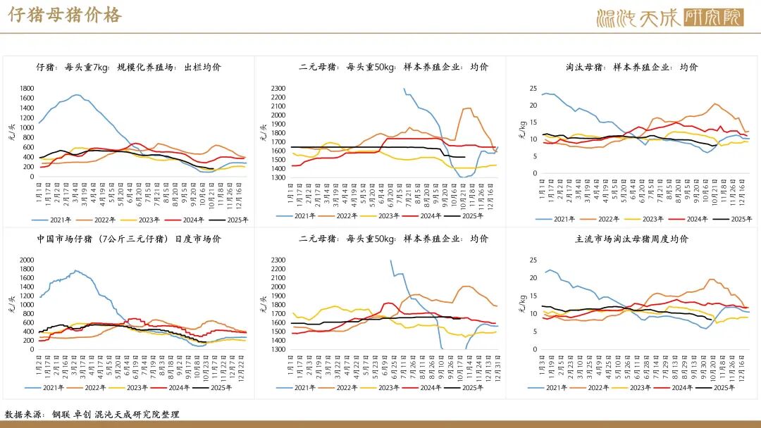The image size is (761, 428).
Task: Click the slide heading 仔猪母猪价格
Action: coord(64,15)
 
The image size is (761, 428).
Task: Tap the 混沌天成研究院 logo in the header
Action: coord(669,16)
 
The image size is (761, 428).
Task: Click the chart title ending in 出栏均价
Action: coord(128,68)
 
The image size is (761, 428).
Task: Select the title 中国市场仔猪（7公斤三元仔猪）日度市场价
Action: coord(129,239)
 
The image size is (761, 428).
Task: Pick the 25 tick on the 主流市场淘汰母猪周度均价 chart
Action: coord(533,260)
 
